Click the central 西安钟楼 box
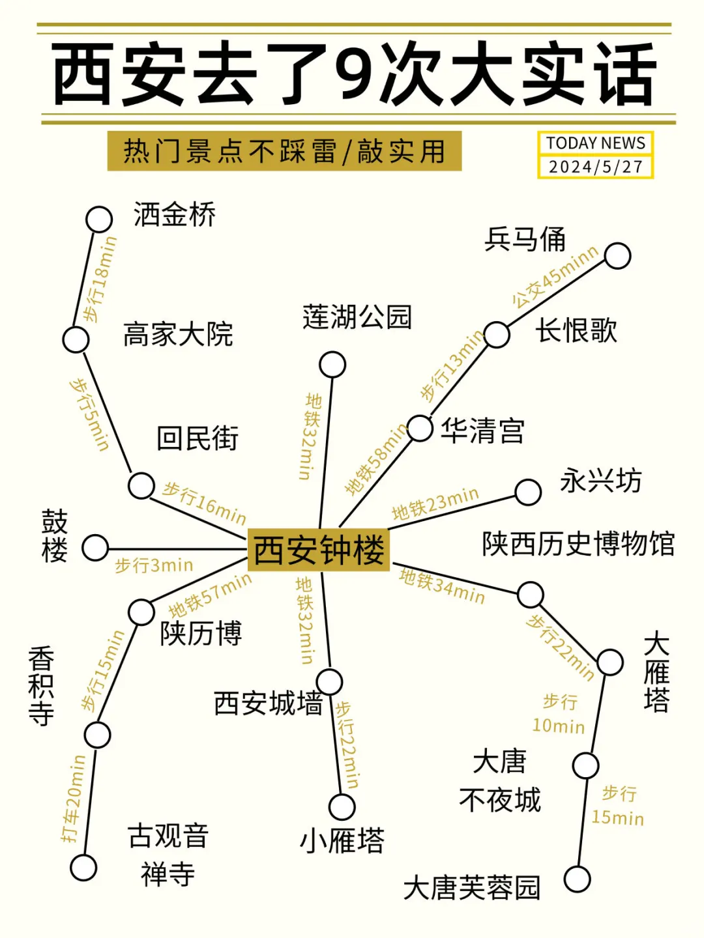(318, 550)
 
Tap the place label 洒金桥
(174, 215)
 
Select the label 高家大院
(178, 334)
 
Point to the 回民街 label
(197, 438)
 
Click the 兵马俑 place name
(525, 239)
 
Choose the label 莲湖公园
(357, 317)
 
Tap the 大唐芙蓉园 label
(472, 887)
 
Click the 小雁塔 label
(342, 840)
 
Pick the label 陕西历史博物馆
(578, 544)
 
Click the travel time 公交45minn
(555, 276)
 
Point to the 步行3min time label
(154, 565)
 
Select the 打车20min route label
(73, 799)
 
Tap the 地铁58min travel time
(376, 459)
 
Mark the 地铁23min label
(435, 504)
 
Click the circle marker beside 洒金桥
(99, 220)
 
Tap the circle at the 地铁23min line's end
(528, 492)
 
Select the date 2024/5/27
(595, 167)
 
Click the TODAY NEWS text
(595, 143)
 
